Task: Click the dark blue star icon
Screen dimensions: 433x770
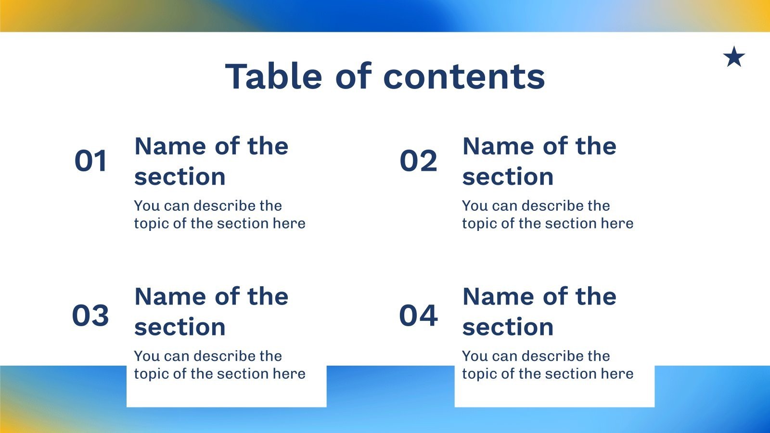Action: pyautogui.click(x=734, y=57)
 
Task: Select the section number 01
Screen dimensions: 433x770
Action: pyautogui.click(x=90, y=161)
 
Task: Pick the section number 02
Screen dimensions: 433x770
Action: pyautogui.click(x=418, y=161)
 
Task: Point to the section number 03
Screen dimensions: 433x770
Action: pyautogui.click(x=90, y=316)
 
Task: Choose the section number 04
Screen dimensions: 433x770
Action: pyautogui.click(x=418, y=316)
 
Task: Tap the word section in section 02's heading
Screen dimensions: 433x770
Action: pyautogui.click(x=508, y=177)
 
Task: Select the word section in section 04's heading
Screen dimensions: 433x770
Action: pyautogui.click(x=508, y=327)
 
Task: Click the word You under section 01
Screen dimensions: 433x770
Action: pyautogui.click(x=147, y=206)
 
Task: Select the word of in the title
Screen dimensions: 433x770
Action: pyautogui.click(x=353, y=76)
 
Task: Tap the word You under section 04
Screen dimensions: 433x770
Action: pyautogui.click(x=475, y=356)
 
